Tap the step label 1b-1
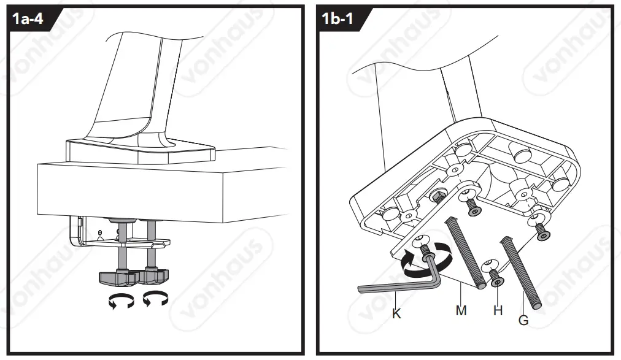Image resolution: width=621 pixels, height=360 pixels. pyautogui.click(x=338, y=19)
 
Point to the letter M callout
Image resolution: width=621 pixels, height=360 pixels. pyautogui.click(x=461, y=310)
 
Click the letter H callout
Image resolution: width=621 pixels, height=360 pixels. pyautogui.click(x=498, y=310)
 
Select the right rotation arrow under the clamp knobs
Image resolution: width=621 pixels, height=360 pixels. pyautogui.click(x=155, y=300)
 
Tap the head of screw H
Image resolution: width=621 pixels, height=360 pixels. pyautogui.click(x=498, y=281)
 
